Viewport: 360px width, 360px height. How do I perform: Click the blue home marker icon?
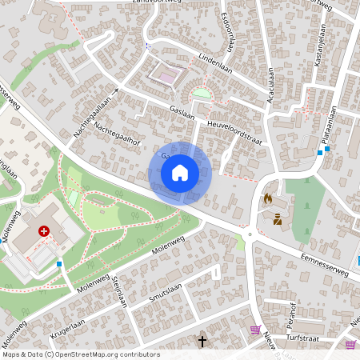(x=180, y=172)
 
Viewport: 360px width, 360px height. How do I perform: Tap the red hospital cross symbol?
(x=44, y=230)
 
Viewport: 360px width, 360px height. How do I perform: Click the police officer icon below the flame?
(x=277, y=218)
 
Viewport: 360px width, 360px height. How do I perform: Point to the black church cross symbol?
(x=202, y=342)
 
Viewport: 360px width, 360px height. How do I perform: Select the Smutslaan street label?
(x=167, y=295)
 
